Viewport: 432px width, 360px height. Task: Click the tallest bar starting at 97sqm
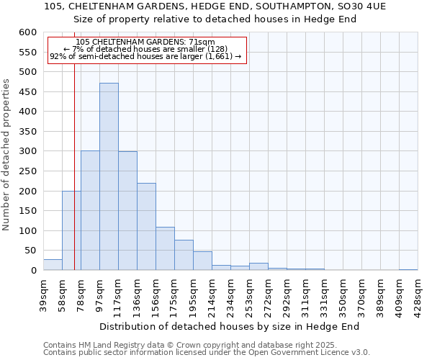pyautogui.click(x=109, y=176)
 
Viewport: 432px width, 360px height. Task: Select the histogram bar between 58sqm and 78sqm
pyautogui.click(x=71, y=230)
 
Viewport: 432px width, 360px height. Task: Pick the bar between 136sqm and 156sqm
pyautogui.click(x=146, y=227)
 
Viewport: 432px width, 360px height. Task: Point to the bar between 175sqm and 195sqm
pyautogui.click(x=184, y=255)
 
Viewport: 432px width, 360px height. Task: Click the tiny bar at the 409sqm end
pyautogui.click(x=408, y=269)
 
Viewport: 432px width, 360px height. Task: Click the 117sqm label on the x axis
pyautogui.click(x=100, y=294)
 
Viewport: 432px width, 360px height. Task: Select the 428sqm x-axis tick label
pyautogui.click(x=418, y=294)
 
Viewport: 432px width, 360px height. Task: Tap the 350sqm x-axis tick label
pyautogui.click(x=343, y=294)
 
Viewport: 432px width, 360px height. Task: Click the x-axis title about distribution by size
pyautogui.click(x=230, y=326)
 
